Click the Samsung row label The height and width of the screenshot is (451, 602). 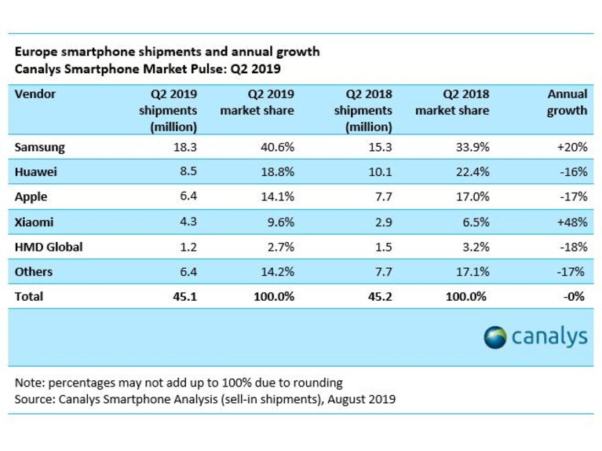(x=39, y=147)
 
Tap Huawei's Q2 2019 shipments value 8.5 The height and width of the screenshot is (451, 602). (x=188, y=171)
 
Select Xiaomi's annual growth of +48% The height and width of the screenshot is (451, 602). (x=572, y=222)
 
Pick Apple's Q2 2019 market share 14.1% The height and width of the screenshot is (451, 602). (x=278, y=196)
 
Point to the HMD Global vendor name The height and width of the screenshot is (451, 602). (x=49, y=247)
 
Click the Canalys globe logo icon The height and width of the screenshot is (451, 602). (x=495, y=337)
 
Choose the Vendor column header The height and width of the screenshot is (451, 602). (x=35, y=93)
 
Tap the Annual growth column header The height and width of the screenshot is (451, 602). (x=567, y=102)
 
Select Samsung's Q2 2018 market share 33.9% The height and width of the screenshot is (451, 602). (x=472, y=147)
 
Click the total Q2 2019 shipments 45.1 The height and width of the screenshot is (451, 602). (x=185, y=296)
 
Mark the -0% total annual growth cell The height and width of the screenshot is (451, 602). (x=574, y=296)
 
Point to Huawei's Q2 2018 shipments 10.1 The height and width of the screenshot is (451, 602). (x=380, y=171)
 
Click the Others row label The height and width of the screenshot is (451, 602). (x=34, y=272)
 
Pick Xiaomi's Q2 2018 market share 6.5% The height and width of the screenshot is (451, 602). (x=476, y=222)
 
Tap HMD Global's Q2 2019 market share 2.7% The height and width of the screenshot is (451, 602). (x=281, y=247)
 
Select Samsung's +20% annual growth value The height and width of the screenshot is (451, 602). (x=572, y=147)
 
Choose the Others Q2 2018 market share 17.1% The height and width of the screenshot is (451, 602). (x=472, y=272)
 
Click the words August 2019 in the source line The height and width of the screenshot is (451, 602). (x=361, y=399)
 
